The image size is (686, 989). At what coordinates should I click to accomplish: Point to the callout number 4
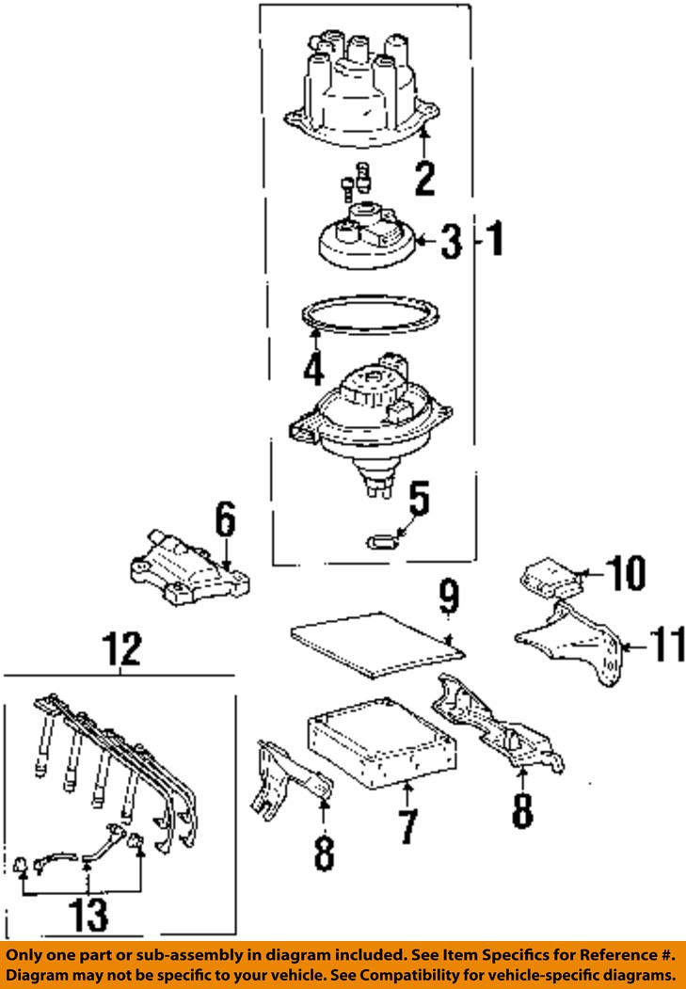click(313, 368)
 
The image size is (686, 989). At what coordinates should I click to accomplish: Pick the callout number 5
click(418, 500)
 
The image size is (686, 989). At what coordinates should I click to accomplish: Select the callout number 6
click(225, 518)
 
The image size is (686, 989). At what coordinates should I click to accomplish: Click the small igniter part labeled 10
click(549, 576)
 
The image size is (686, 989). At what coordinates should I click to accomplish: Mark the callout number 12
click(122, 648)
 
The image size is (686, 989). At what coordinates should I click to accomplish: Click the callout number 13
click(88, 915)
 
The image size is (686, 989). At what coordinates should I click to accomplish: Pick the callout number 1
click(494, 240)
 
